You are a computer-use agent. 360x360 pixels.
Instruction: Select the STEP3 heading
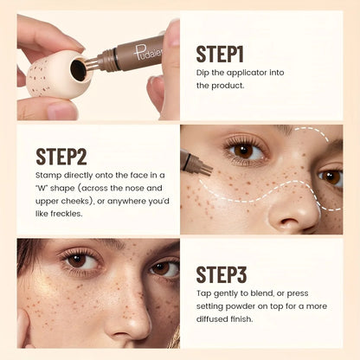(x=222, y=275)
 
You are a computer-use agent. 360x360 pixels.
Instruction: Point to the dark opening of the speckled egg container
(x=79, y=70)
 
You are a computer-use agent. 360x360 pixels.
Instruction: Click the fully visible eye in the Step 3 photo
(x=77, y=260)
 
